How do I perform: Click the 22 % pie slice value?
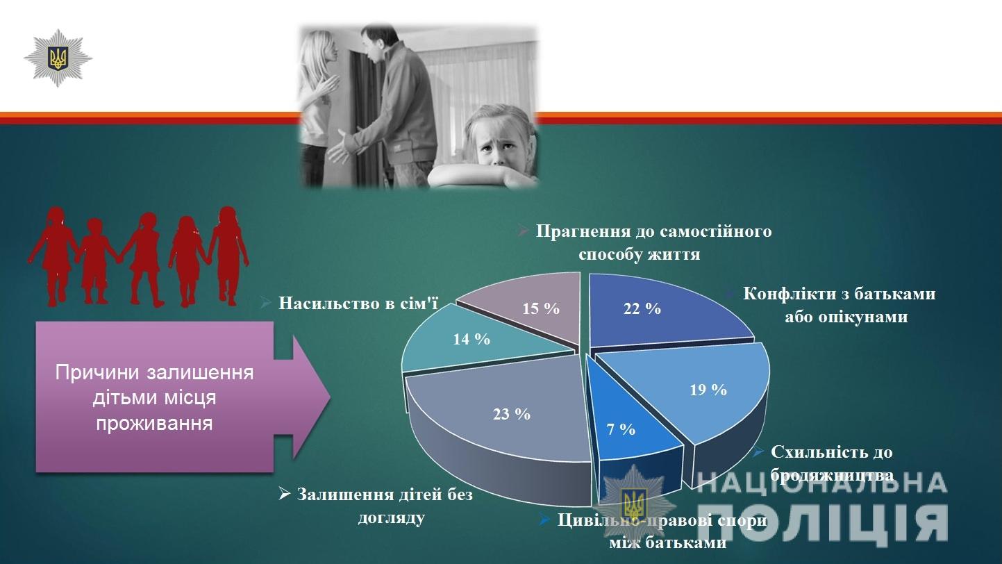tap(642, 309)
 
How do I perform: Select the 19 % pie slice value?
tap(708, 390)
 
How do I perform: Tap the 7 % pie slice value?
tap(621, 430)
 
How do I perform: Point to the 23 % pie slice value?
tap(512, 414)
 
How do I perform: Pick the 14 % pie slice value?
tap(471, 339)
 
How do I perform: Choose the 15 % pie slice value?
tap(541, 309)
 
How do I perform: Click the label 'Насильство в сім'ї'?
tap(358, 304)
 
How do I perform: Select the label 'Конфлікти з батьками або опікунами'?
tap(840, 306)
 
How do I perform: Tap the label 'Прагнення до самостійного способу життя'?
tap(653, 242)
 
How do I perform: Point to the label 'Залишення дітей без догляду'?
tap(385, 506)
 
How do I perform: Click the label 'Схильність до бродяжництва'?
tap(832, 463)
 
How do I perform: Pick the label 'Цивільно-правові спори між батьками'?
tap(662, 531)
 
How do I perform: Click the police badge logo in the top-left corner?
tap(58, 58)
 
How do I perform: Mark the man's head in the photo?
tap(377, 42)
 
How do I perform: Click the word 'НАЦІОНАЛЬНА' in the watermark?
tap(821, 483)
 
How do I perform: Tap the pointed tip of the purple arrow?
tap(330, 397)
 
